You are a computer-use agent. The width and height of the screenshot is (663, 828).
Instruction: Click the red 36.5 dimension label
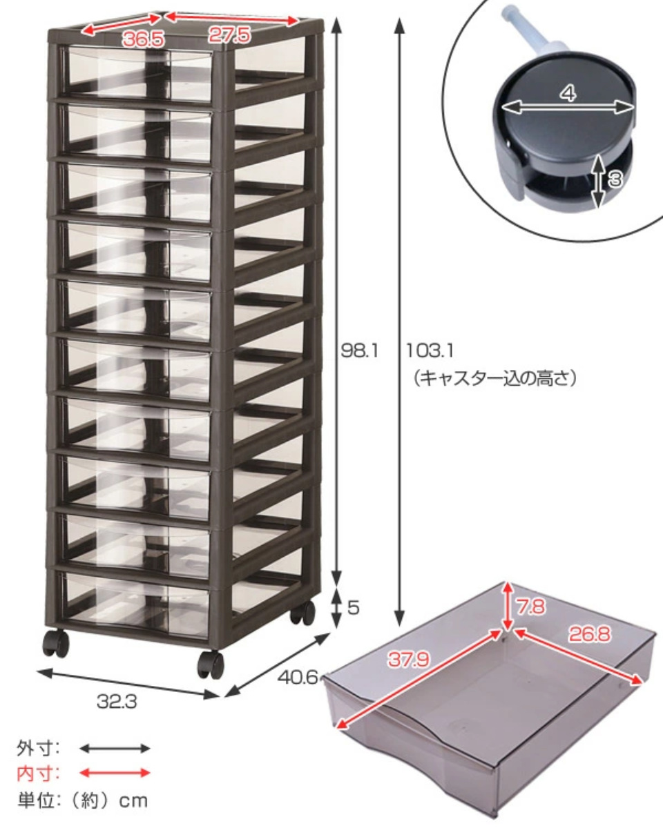click(144, 39)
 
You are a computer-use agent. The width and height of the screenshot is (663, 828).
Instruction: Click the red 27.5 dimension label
click(229, 35)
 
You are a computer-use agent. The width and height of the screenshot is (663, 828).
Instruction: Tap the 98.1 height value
click(359, 351)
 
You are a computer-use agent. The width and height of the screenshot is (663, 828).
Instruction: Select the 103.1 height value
click(430, 351)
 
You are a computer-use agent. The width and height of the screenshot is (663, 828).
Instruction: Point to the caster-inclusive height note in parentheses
click(494, 378)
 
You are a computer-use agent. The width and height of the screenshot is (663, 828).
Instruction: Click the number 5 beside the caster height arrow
click(354, 607)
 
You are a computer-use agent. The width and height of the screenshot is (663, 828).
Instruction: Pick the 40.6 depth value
click(298, 677)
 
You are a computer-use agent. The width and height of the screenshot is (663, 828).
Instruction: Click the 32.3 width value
click(117, 701)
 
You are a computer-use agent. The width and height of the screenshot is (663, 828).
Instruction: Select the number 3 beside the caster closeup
click(615, 179)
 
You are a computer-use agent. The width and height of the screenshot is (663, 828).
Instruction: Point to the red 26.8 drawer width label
click(590, 635)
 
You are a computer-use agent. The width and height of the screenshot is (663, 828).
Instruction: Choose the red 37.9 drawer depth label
click(408, 660)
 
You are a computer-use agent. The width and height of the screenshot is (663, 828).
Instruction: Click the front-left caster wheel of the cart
click(56, 643)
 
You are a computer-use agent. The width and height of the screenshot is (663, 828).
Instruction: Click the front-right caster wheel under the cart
click(211, 665)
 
